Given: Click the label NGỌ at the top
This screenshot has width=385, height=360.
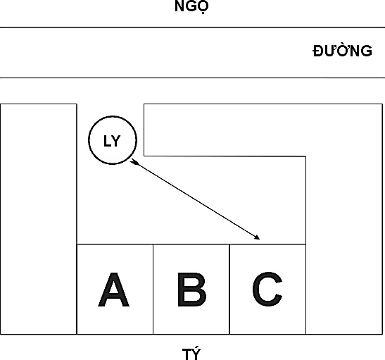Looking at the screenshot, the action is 191,6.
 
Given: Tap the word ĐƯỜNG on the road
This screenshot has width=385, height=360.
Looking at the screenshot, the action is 342,51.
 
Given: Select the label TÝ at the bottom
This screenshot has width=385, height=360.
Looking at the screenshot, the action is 191,354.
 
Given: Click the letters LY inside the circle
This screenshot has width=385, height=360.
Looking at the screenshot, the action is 112,142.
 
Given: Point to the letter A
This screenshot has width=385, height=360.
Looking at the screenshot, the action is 114,290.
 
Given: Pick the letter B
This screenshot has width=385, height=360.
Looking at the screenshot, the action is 191,290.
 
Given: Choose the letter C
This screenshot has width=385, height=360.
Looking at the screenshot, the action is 267,289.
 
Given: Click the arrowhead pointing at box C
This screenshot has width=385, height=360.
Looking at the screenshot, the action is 257,237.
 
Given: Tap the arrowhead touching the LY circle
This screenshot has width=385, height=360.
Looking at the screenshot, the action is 134,161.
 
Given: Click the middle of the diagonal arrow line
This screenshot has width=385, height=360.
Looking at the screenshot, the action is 195,199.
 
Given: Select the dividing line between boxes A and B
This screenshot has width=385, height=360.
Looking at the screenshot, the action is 153,290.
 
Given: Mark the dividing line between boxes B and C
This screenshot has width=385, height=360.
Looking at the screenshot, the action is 229,290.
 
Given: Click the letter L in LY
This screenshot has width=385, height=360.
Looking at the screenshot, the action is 107,142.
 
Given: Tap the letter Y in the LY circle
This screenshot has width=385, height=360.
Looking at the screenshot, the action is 116,142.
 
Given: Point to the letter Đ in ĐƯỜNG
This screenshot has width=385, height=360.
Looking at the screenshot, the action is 318,51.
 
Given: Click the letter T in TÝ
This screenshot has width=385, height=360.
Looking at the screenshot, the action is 187,354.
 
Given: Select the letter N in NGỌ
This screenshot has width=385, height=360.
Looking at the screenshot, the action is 179,6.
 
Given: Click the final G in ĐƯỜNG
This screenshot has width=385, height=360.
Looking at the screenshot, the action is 366,51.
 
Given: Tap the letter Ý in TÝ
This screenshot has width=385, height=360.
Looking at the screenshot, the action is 196,354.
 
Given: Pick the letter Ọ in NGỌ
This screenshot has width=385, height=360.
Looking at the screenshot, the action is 203,7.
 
